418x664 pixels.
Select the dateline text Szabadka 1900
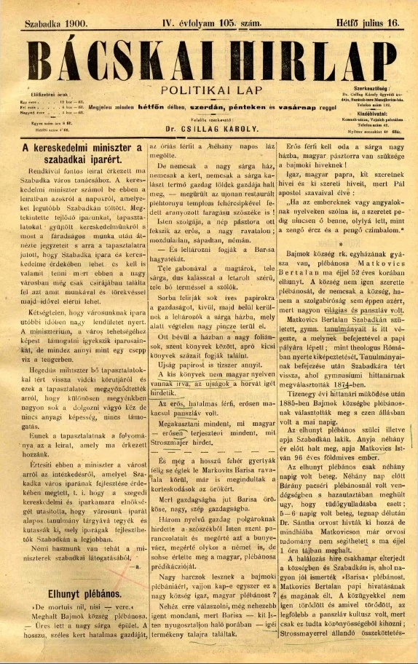click(x=56, y=23)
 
